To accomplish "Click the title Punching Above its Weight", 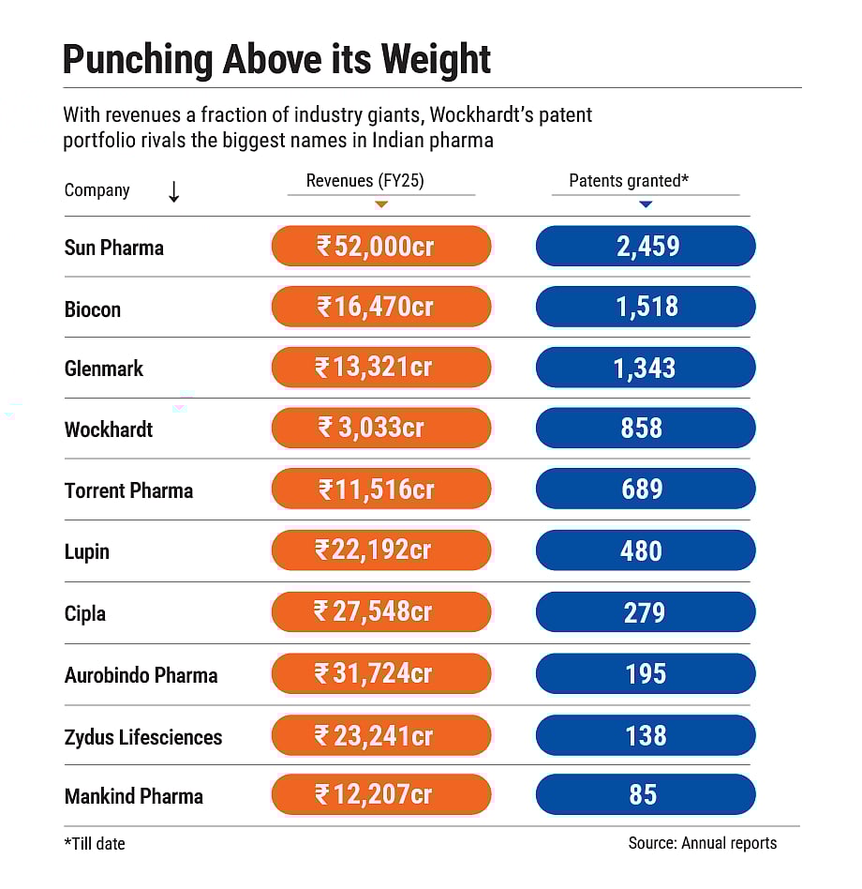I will point(276,60).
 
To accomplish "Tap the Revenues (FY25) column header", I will point(365,181).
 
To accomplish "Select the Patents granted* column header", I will point(629,181).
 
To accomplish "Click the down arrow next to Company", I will point(173,191).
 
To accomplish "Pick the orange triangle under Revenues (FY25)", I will point(381,203).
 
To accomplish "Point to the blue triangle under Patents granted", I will point(646,203).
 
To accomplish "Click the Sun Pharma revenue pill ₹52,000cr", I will point(381,247).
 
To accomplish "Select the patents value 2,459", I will point(646,247).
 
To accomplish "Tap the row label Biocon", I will point(93,309).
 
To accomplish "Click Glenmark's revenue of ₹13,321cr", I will point(381,368).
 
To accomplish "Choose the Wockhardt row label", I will point(109,429).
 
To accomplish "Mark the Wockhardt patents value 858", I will point(646,429).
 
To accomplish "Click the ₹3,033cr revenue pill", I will point(381,429).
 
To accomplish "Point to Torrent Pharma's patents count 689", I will point(646,490).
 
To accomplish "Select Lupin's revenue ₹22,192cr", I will point(381,550).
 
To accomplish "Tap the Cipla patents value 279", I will point(646,612).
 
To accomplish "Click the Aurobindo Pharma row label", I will point(141,674).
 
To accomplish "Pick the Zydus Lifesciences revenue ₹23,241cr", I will point(381,735).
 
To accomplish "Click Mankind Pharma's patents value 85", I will point(646,795).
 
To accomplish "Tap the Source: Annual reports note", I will point(702,843).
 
